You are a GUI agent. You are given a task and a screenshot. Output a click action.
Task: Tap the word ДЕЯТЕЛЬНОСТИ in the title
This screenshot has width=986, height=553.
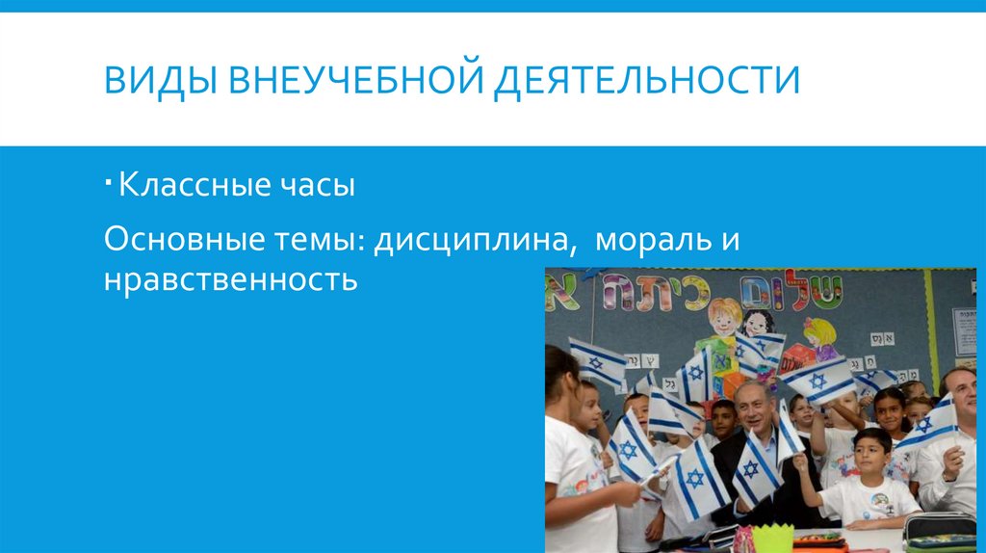point(646,79)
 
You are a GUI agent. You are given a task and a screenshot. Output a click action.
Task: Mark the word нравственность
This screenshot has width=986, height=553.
point(231,281)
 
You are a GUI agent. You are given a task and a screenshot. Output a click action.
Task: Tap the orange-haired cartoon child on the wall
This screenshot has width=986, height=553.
point(723,318)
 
